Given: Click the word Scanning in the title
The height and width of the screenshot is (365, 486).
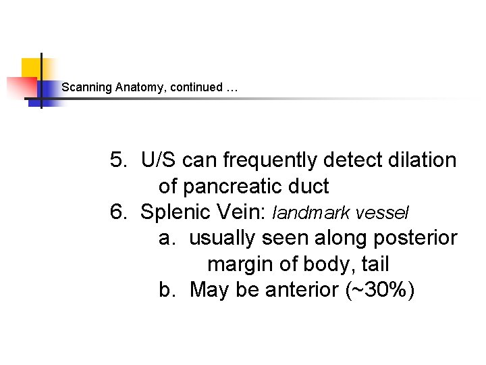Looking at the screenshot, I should point(86,87).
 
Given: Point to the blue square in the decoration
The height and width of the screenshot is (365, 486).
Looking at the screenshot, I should point(49,90).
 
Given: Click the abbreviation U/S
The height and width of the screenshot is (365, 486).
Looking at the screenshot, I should point(159,161).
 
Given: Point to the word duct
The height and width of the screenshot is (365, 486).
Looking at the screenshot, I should point(308,187).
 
